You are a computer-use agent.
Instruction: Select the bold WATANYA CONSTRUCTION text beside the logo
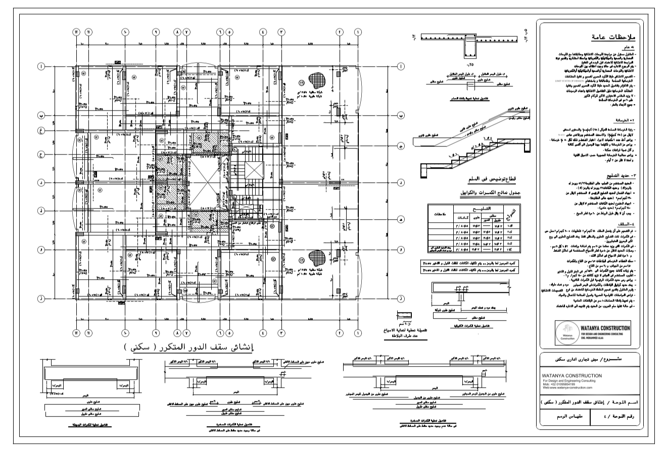(x=605, y=328)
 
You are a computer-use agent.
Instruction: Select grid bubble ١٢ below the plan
(x=77, y=333)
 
